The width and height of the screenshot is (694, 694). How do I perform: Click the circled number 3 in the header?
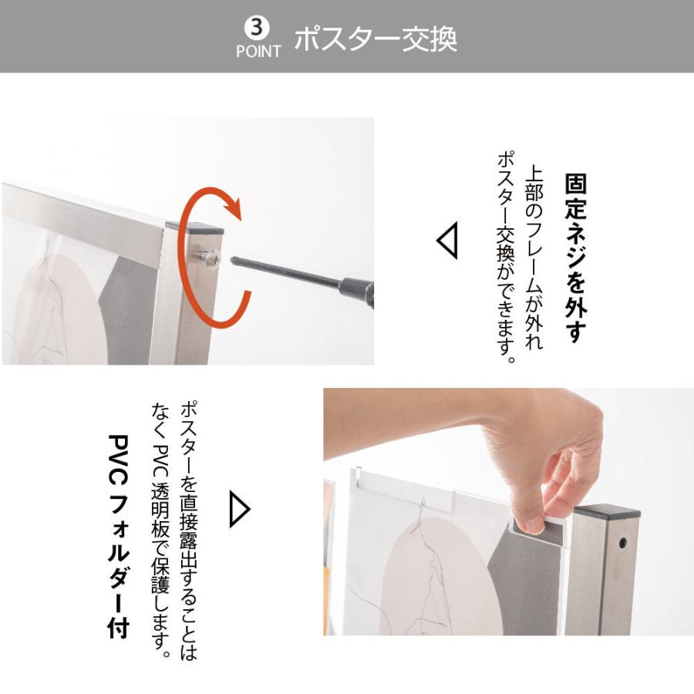[258, 28]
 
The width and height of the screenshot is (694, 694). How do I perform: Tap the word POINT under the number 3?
[258, 52]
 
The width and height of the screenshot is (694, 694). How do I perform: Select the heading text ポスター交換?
[376, 39]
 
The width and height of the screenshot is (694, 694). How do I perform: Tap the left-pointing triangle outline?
[446, 241]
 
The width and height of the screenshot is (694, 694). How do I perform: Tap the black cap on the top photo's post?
[194, 227]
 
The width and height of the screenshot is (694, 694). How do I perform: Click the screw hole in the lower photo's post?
[622, 544]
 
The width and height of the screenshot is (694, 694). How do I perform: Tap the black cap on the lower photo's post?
[608, 511]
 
